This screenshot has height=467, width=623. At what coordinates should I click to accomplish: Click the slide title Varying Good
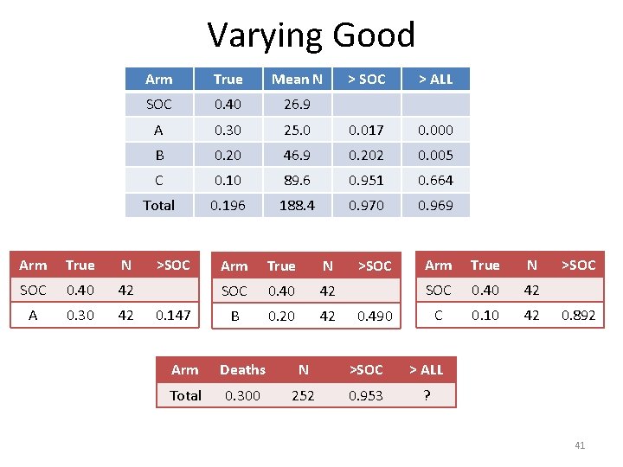311,35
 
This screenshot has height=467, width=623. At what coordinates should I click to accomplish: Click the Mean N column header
297,80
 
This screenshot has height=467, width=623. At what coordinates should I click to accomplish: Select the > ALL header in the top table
435,80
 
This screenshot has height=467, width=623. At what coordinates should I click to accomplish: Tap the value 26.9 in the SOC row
297,105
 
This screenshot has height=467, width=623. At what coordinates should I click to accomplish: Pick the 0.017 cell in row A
366,130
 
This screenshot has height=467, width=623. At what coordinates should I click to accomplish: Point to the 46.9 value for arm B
297,155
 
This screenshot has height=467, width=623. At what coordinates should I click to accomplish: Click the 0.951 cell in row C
366,180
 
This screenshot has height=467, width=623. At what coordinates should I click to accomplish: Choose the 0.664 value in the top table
435,180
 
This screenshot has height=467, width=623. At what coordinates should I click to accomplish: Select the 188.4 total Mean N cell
297,205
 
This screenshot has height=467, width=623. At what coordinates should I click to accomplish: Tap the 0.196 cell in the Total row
228,205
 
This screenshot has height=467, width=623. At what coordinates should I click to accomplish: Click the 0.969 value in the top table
435,205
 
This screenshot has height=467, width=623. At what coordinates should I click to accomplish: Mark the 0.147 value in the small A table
172,316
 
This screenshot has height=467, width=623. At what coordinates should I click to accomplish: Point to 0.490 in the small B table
375,317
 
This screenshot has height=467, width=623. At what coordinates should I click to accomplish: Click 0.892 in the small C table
578,316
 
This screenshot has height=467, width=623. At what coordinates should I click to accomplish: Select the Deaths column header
242,370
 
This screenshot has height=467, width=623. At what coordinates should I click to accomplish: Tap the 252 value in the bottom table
303,395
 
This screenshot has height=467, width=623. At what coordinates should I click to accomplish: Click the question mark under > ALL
425,395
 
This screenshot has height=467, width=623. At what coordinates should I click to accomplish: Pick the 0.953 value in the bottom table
365,395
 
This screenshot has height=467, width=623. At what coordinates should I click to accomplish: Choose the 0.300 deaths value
242,395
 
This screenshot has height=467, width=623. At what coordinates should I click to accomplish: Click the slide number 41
580,445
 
